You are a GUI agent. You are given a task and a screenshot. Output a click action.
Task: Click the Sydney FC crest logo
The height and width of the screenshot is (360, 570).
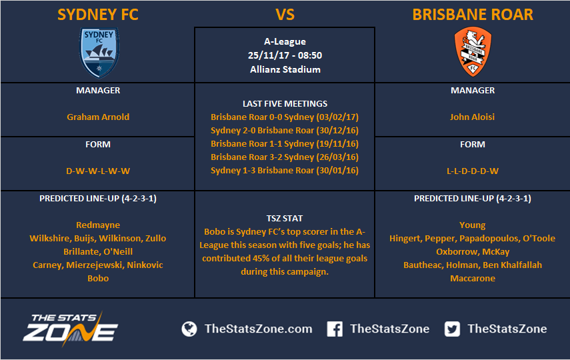coord(99,53)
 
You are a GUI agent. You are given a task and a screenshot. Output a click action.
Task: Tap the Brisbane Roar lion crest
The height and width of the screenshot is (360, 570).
coord(473,51)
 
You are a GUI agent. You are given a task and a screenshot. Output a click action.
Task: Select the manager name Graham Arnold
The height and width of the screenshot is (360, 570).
coord(98,117)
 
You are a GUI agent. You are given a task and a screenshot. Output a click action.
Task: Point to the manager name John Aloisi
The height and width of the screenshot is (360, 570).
coord(472,117)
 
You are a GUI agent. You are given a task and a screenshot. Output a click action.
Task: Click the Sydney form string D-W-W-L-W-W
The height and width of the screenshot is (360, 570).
coord(98,171)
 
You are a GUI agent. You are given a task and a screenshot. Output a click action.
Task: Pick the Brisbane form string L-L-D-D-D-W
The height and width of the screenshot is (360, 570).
coord(473,171)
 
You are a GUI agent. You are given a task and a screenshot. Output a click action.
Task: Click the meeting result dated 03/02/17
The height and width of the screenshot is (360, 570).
coord(285,117)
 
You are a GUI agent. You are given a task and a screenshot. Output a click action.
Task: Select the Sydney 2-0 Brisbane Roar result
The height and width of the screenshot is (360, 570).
coord(285,131)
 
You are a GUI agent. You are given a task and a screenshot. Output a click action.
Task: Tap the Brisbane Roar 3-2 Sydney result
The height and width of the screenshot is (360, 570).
coord(285,157)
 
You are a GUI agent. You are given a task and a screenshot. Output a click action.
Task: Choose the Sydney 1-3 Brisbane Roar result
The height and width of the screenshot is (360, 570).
coord(285,171)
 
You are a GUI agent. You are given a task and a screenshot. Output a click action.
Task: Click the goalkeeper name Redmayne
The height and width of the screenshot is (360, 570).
coord(98,225)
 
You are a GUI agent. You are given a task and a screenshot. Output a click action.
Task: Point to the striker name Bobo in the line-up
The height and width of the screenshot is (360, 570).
coord(98,278)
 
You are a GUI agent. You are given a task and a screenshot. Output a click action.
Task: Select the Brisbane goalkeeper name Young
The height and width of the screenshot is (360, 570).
coord(472,225)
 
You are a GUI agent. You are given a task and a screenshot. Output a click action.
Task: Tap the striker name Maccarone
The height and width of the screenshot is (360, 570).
coord(473,278)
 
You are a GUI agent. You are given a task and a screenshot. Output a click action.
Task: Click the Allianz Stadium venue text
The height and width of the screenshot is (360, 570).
coord(285,69)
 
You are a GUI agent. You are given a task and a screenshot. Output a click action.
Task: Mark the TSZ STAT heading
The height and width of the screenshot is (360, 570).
coord(284,219)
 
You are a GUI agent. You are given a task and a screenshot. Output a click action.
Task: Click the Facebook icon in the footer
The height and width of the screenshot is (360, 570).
coord(335,329)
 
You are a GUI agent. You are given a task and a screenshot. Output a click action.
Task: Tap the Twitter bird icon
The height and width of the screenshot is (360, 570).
coord(452,329)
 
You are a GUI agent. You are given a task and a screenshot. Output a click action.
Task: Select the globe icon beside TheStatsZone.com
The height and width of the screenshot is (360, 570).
coord(189,329)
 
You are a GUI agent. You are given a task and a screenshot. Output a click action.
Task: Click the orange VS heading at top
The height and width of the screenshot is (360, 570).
coord(285,15)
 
